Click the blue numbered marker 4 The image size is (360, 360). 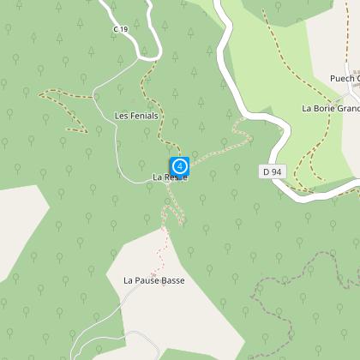[180, 165]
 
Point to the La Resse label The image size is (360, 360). [169, 177]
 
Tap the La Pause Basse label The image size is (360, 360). [154, 280]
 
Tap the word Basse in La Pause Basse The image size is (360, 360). [171, 280]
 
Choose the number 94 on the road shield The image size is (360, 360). [275, 172]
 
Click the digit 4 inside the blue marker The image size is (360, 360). [180, 165]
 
